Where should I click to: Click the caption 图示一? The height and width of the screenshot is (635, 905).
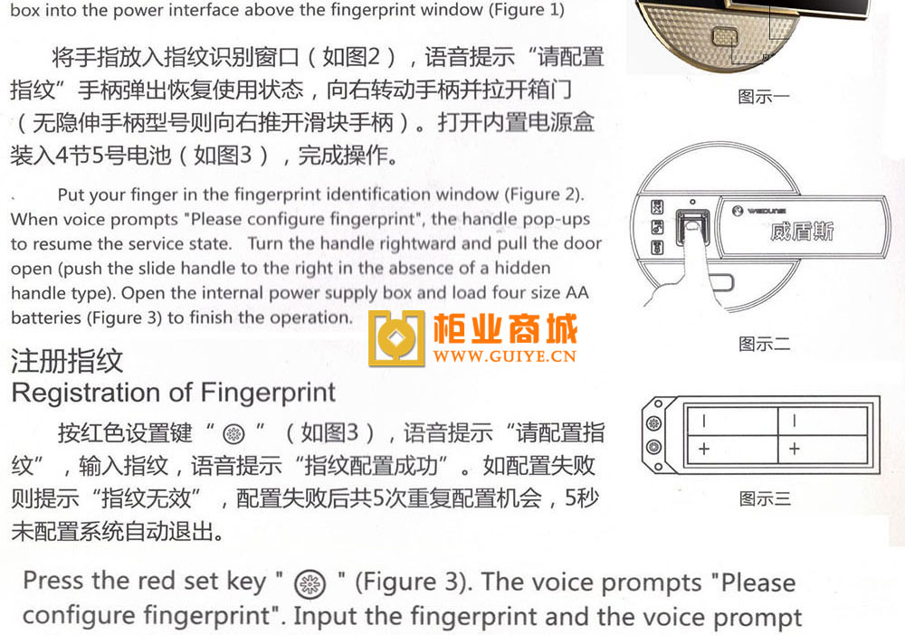(764, 96)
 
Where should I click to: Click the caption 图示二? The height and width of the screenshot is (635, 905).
(764, 345)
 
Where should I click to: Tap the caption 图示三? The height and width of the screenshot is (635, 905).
(765, 498)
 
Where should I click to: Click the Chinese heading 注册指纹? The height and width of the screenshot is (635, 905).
(67, 361)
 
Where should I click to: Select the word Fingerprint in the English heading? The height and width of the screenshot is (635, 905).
(268, 393)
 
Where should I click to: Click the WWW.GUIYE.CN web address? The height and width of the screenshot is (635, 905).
(504, 355)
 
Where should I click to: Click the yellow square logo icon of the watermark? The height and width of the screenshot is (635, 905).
(396, 338)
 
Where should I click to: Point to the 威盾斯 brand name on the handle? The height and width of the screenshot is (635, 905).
(802, 232)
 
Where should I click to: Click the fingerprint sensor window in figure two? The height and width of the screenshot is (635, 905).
(692, 227)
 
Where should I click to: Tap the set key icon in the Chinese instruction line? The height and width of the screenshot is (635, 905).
(233, 433)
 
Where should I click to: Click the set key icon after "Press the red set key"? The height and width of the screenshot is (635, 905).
(310, 583)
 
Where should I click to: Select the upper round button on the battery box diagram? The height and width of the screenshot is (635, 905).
(653, 424)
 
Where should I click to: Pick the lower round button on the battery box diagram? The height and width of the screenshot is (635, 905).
(653, 447)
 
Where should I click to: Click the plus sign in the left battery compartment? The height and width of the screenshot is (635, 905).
(704, 449)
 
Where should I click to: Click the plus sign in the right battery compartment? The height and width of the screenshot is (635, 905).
(795, 448)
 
